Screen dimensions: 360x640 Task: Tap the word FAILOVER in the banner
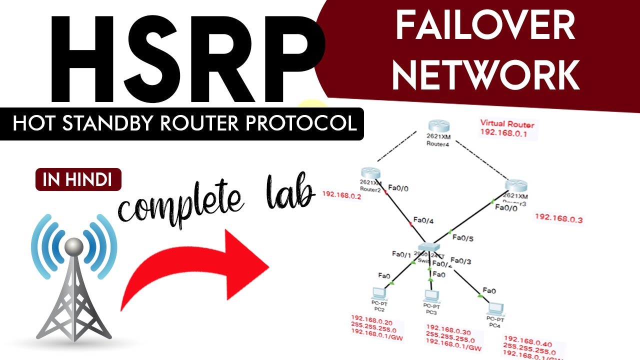click(485, 27)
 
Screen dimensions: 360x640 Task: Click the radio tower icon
click(74, 280)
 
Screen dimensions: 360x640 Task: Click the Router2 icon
click(369, 172)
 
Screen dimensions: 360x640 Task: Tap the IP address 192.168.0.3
click(558, 218)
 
